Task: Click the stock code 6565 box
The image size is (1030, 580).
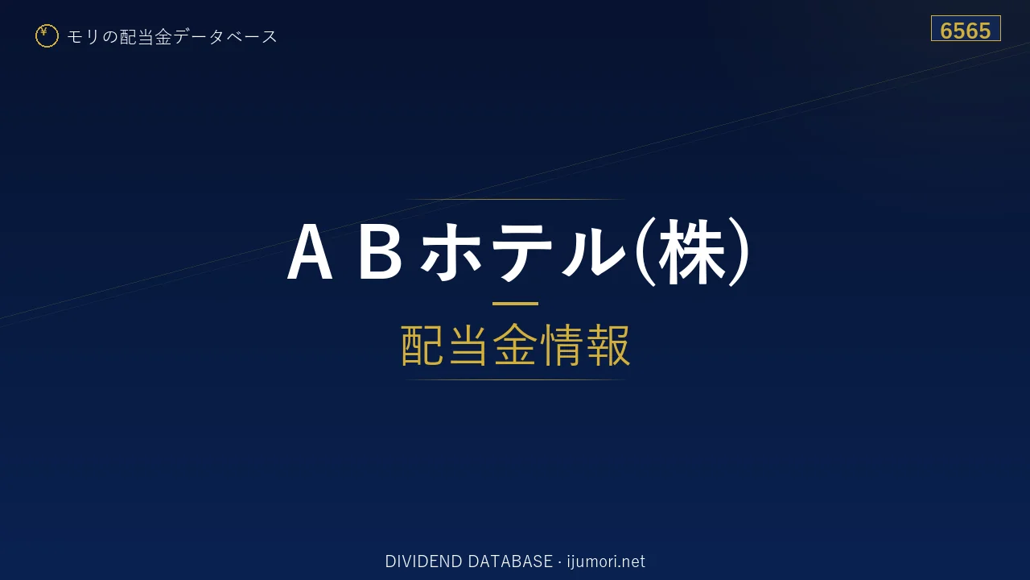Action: tap(966, 28)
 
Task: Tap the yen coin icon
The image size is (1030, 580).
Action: tap(47, 36)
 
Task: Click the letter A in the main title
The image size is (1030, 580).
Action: tap(310, 251)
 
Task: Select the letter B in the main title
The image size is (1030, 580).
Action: tap(380, 251)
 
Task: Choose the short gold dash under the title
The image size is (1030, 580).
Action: tap(515, 304)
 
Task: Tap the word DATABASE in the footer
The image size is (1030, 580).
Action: tap(510, 561)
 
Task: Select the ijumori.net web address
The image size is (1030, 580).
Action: tap(606, 562)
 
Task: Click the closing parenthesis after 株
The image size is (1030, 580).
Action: tap(740, 251)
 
